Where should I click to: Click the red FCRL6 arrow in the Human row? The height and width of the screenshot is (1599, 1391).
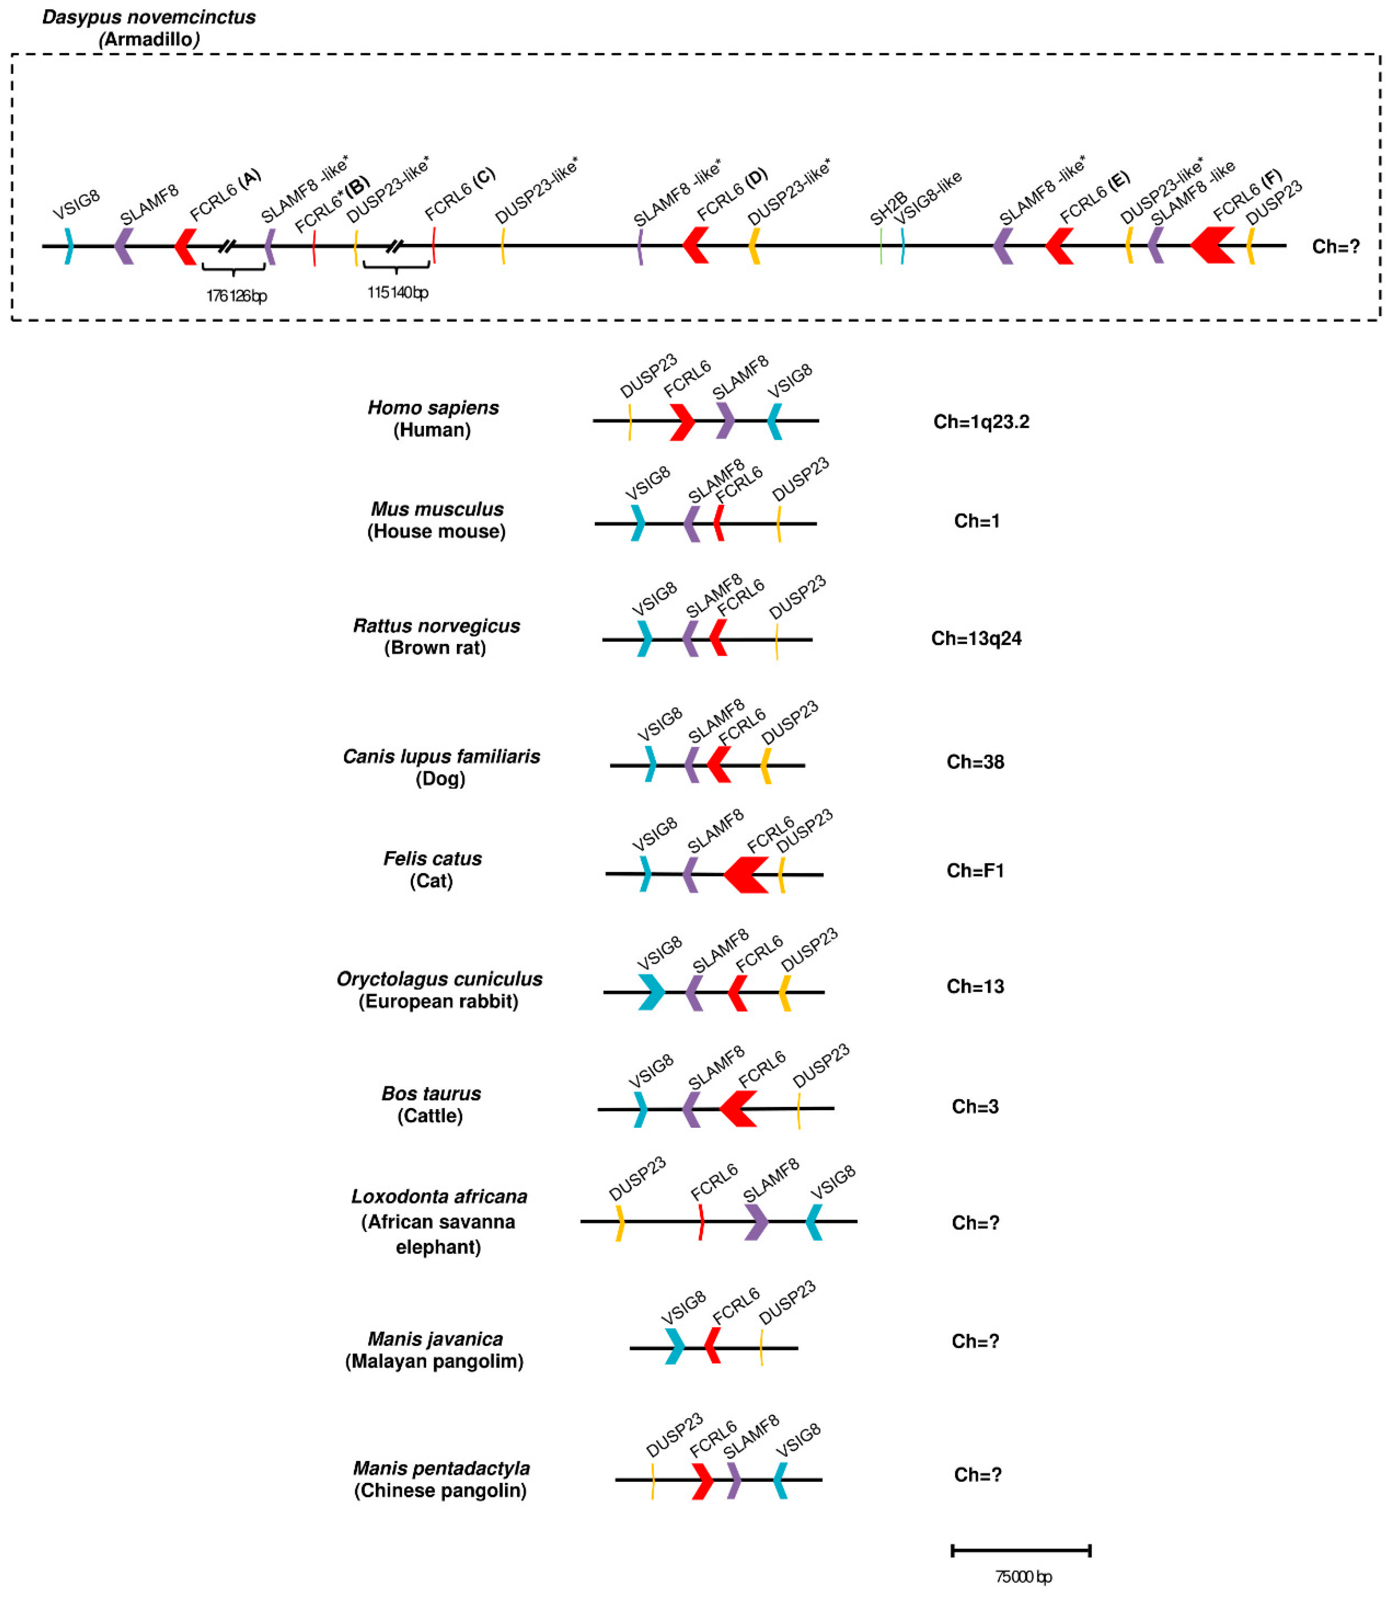pyautogui.click(x=682, y=421)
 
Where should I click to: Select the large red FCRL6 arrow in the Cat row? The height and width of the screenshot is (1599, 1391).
pyautogui.click(x=747, y=875)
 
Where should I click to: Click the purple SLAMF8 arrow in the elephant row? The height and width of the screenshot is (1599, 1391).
pyautogui.click(x=755, y=1222)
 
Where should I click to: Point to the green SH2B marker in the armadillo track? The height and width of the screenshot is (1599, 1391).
pyautogui.click(x=881, y=246)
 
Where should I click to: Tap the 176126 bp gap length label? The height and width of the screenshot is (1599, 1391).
pyautogui.click(x=236, y=296)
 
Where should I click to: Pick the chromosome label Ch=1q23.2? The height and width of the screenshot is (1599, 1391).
pyautogui.click(x=981, y=421)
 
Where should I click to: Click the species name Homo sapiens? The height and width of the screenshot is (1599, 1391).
pyautogui.click(x=433, y=407)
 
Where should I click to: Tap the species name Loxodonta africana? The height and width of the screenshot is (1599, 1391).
pyautogui.click(x=439, y=1196)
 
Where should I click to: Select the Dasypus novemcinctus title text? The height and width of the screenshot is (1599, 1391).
pyautogui.click(x=149, y=17)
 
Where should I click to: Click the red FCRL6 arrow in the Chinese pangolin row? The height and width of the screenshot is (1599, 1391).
pyautogui.click(x=702, y=1480)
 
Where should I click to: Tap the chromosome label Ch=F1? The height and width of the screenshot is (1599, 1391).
pyautogui.click(x=975, y=870)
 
